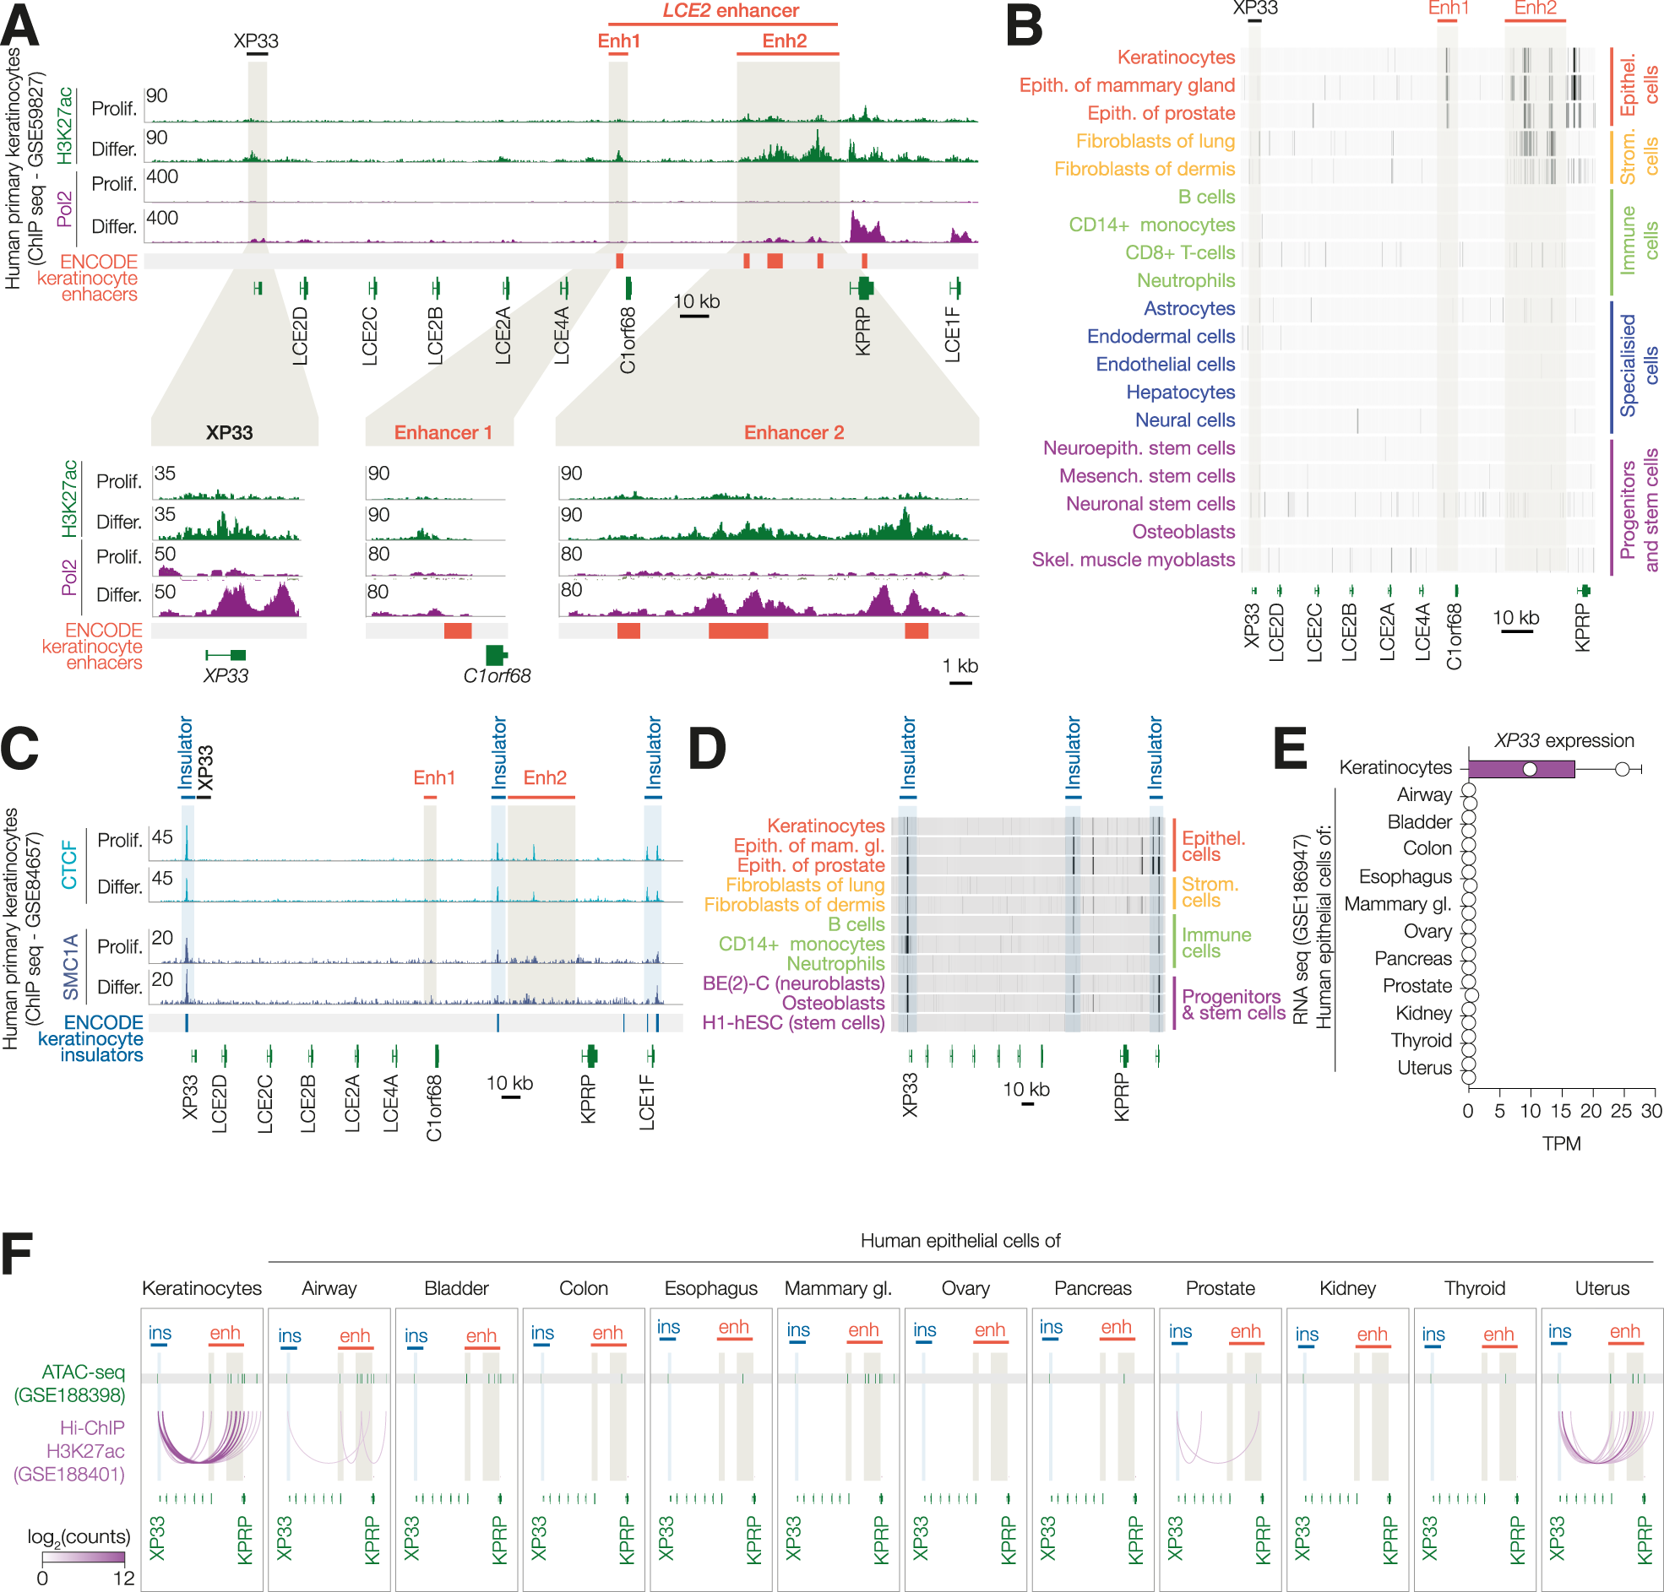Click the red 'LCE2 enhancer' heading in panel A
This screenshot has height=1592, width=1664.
click(730, 11)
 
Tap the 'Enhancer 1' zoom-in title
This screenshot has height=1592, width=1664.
click(443, 433)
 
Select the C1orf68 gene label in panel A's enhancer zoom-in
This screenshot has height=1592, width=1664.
click(497, 676)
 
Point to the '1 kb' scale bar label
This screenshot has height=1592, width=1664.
click(960, 666)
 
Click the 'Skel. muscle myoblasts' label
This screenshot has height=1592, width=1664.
click(1133, 560)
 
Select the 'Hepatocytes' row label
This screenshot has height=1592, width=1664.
click(1180, 392)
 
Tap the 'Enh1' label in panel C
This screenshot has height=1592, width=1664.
click(434, 777)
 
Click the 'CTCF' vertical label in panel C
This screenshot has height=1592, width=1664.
click(69, 864)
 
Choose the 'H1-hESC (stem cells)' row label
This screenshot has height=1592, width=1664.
click(793, 1022)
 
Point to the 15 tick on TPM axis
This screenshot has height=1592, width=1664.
click(1560, 1112)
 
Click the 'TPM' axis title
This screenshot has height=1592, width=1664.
click(1560, 1144)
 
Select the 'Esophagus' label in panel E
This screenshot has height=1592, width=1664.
click(1405, 877)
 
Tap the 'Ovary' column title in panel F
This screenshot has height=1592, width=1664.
click(965, 1288)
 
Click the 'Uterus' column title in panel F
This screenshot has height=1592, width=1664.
click(1601, 1288)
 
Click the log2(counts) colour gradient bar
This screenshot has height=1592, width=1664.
click(83, 1558)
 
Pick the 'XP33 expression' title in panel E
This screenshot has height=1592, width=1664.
click(1563, 741)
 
